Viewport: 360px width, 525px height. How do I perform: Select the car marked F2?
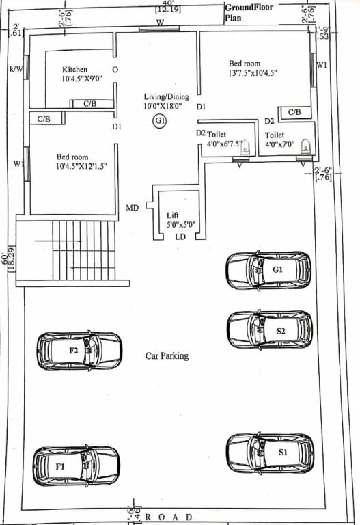click(x=79, y=350)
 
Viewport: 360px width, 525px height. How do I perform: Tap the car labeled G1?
click(x=269, y=269)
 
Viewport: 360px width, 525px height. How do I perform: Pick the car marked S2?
click(x=269, y=329)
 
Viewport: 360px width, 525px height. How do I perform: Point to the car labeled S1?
click(x=271, y=452)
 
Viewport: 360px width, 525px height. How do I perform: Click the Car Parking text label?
click(x=167, y=356)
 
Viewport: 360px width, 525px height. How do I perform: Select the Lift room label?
click(x=173, y=215)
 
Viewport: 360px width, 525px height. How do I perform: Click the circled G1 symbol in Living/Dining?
click(x=159, y=122)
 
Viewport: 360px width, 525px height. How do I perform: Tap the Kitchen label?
click(x=74, y=70)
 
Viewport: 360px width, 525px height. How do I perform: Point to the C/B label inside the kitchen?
click(x=89, y=104)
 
